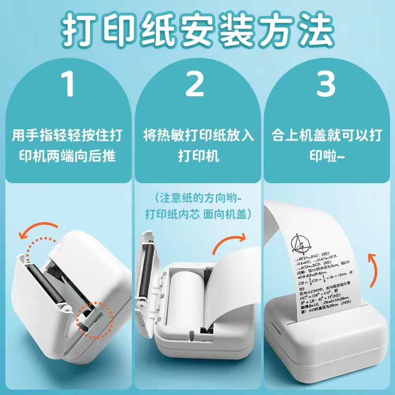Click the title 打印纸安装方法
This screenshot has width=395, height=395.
pos(197,31)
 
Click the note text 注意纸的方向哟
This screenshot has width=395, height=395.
pos(198,198)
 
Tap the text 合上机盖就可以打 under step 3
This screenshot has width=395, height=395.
pos(326,134)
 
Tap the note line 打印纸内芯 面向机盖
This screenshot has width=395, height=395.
pos(198,214)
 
